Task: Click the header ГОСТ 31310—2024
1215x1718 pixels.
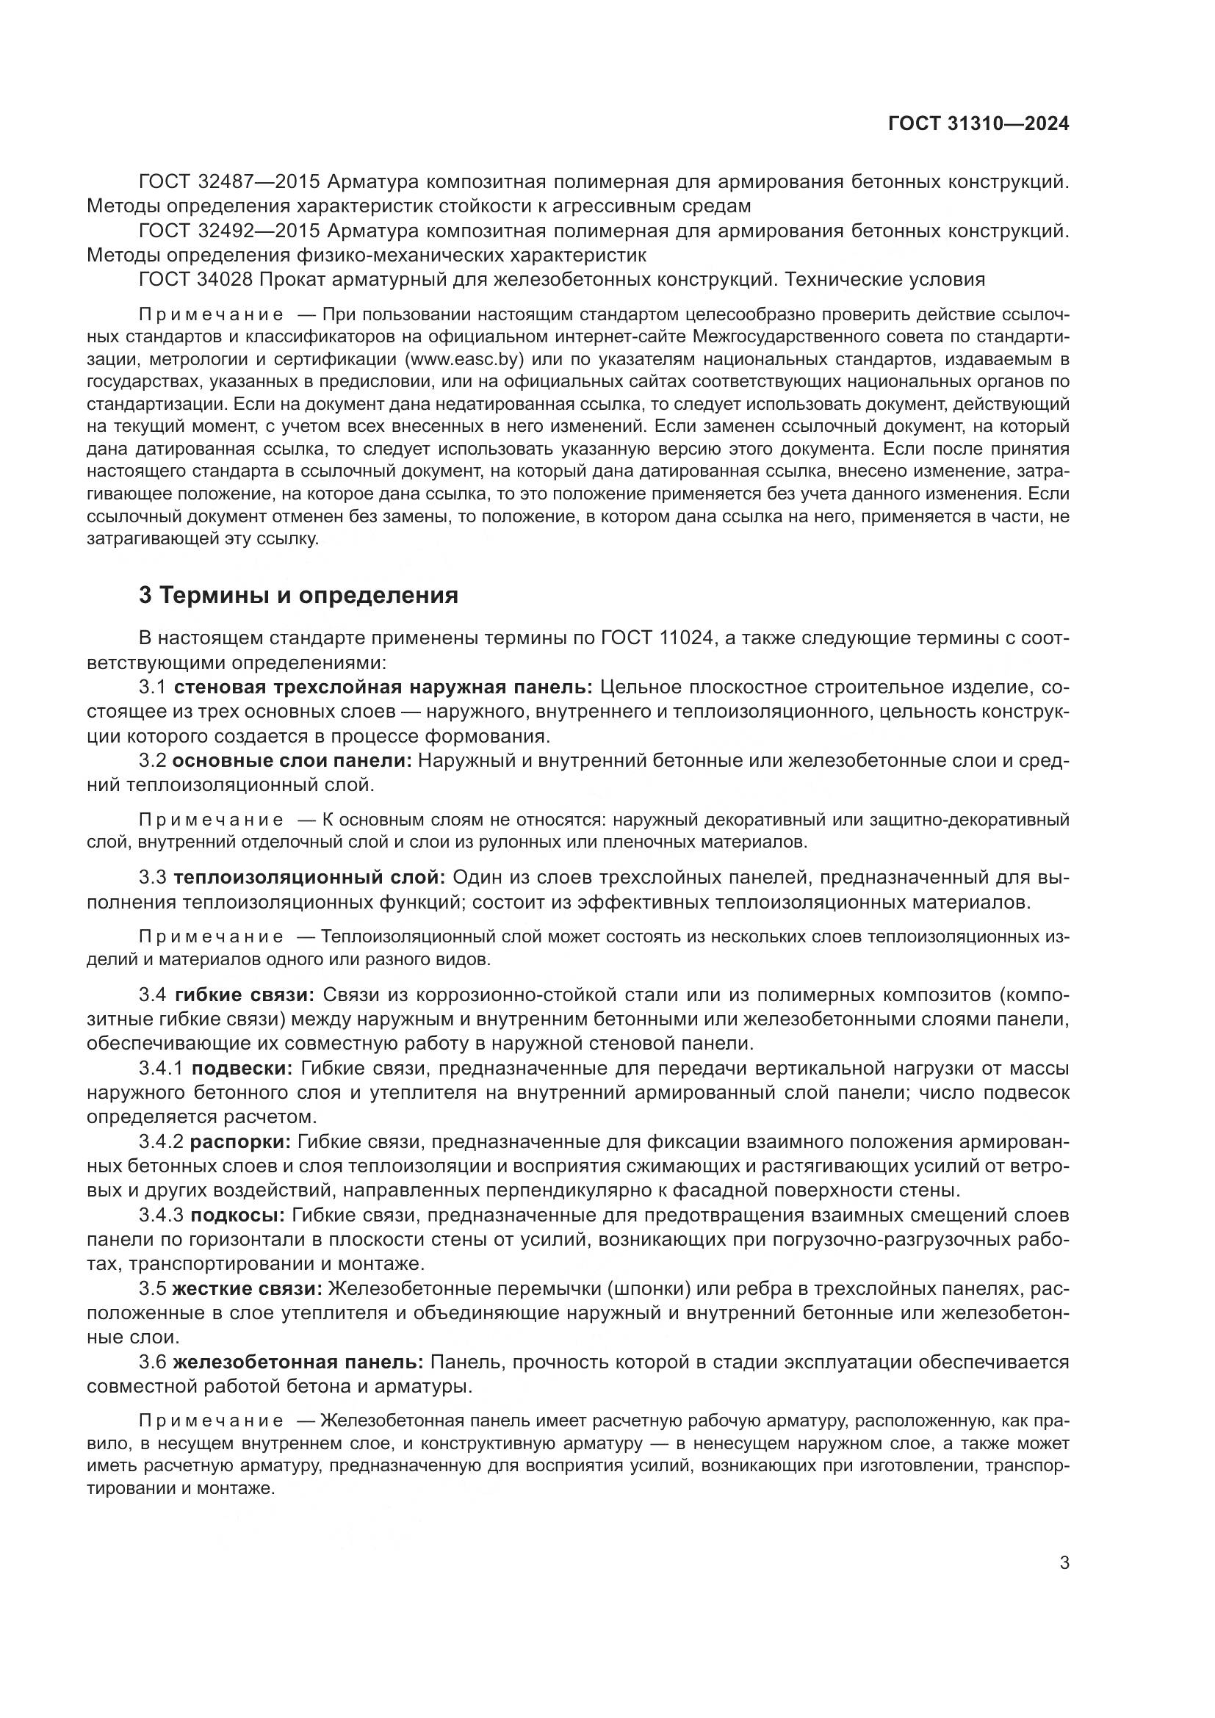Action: click(x=978, y=124)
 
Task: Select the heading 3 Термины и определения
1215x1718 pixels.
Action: click(x=298, y=596)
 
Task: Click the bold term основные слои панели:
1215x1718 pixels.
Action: click(x=292, y=761)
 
